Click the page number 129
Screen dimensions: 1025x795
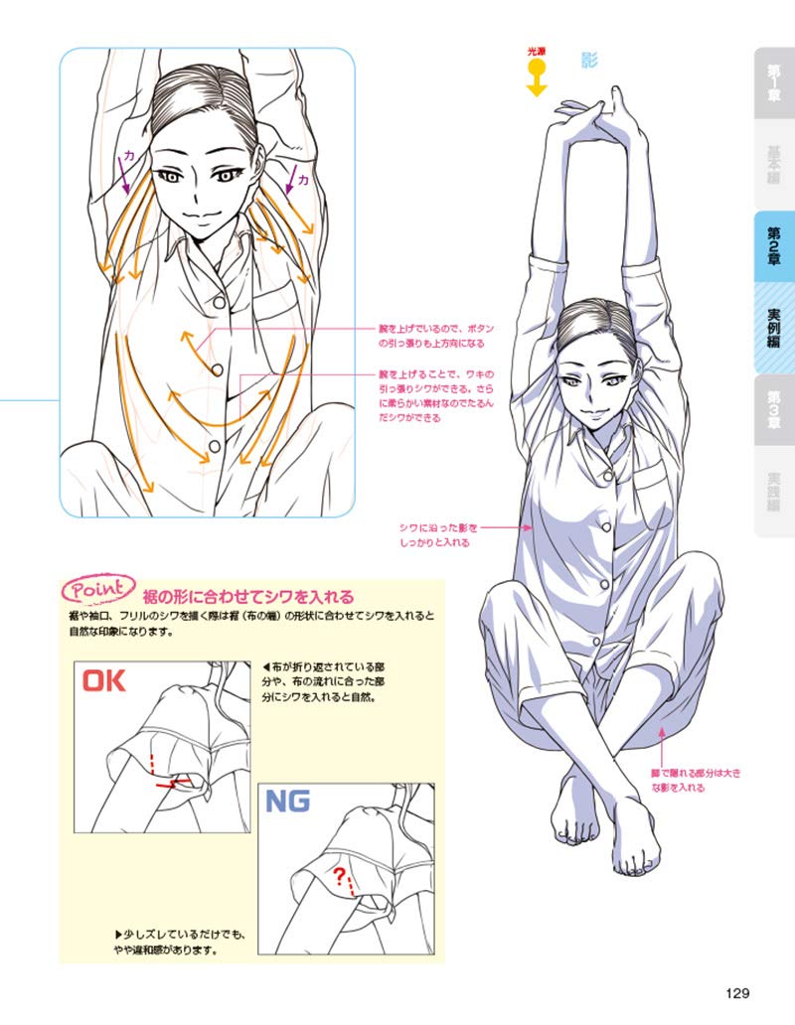pyautogui.click(x=736, y=992)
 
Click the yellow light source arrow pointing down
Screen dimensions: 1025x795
pyautogui.click(x=537, y=78)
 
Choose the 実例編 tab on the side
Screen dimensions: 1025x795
pyautogui.click(x=773, y=328)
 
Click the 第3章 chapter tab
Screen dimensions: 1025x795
pyautogui.click(x=773, y=408)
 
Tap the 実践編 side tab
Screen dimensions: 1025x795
pyautogui.click(x=773, y=491)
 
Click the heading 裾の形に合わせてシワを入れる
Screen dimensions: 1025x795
pyautogui.click(x=247, y=597)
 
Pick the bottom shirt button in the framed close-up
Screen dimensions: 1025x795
pyautogui.click(x=213, y=449)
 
